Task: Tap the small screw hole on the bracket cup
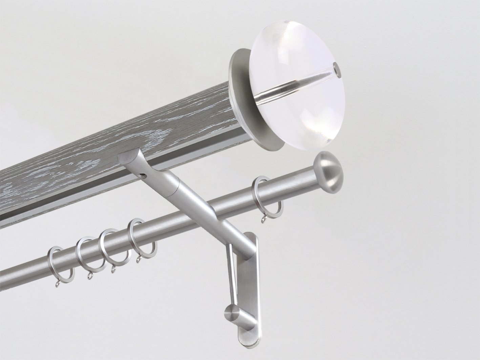pos(144,176)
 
